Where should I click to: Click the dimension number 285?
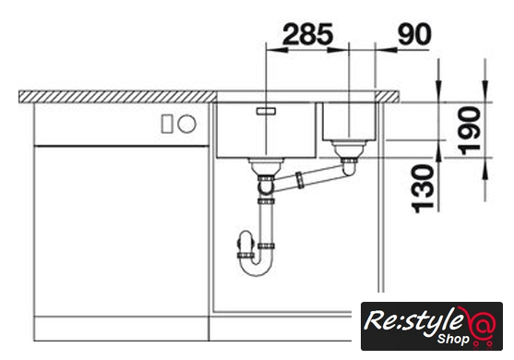tap(307, 34)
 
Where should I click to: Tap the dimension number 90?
tap(414, 34)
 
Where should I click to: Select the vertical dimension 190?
tap(470, 130)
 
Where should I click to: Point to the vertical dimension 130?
tap(423, 189)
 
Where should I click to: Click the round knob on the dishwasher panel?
tap(186, 125)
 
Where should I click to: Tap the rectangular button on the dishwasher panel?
tap(167, 125)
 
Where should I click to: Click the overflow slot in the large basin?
tap(267, 111)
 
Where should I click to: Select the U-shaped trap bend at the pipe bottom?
tap(255, 262)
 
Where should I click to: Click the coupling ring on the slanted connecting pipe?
tap(300, 180)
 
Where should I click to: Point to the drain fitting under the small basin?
tap(349, 150)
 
